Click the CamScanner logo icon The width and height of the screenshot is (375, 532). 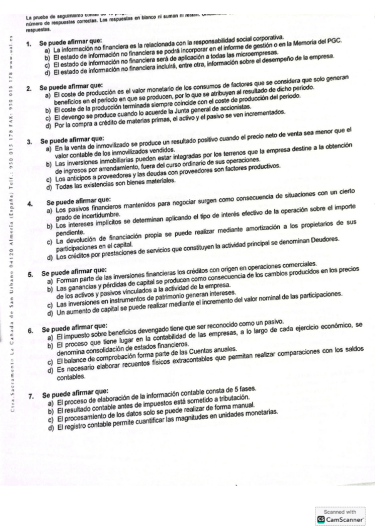321,520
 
